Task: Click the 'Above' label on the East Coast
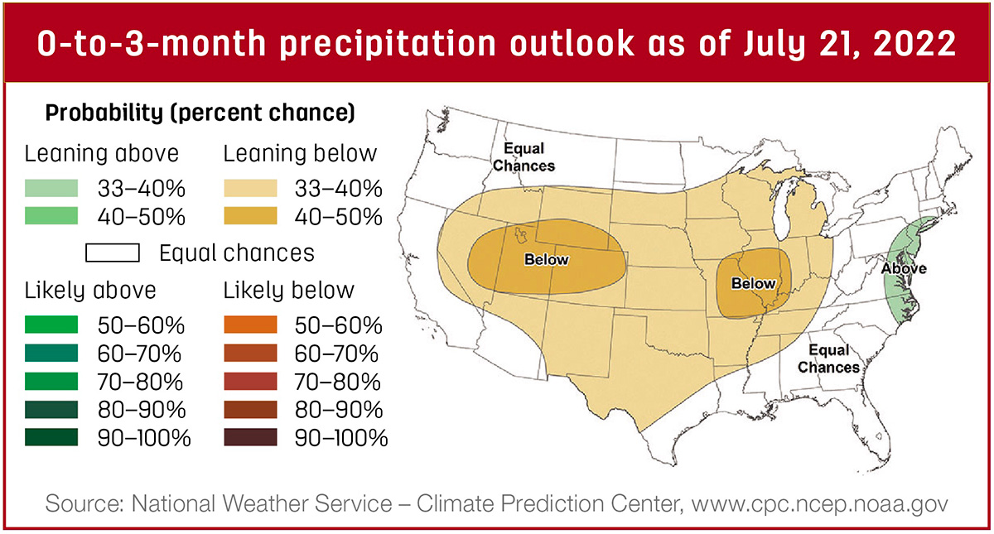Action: pyautogui.click(x=904, y=268)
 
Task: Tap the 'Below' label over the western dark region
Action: pyautogui.click(x=546, y=259)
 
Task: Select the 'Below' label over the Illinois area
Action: pyautogui.click(x=754, y=283)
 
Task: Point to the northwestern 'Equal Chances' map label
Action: pyautogui.click(x=524, y=157)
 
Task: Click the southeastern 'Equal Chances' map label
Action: pyautogui.click(x=828, y=358)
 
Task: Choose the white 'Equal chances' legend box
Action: pyautogui.click(x=113, y=253)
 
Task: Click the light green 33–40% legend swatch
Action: pyautogui.click(x=51, y=188)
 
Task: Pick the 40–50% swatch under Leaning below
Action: pyautogui.click(x=250, y=216)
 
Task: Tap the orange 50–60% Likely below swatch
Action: pyautogui.click(x=250, y=325)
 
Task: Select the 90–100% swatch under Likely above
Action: pyautogui.click(x=51, y=437)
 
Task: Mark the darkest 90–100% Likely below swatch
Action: pyautogui.click(x=250, y=437)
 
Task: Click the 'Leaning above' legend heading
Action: pyautogui.click(x=102, y=154)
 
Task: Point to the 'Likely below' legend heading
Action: pyautogui.click(x=289, y=291)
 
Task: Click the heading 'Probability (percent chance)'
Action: pyautogui.click(x=200, y=113)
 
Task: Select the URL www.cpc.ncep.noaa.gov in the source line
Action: pyautogui.click(x=819, y=504)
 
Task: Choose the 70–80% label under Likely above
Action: pyautogui.click(x=140, y=382)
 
